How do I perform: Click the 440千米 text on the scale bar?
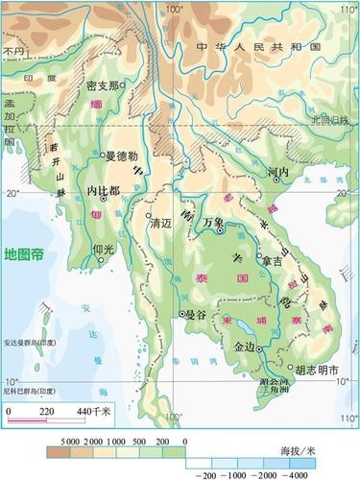tap(94, 411)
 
